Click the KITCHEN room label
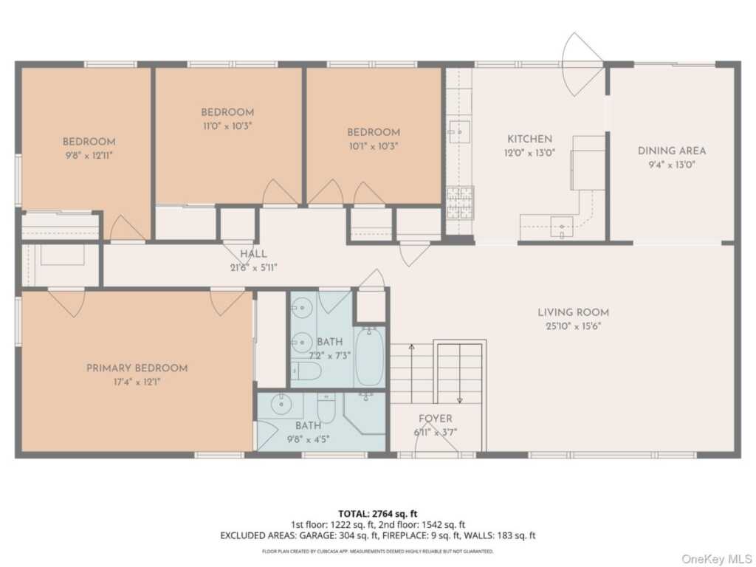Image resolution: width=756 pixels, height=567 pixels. tap(529, 139)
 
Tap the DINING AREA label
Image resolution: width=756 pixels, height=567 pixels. tap(672, 151)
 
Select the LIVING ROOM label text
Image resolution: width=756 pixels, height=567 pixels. tap(573, 312)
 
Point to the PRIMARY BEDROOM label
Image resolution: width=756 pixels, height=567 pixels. tap(137, 368)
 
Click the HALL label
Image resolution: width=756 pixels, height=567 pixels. tap(254, 254)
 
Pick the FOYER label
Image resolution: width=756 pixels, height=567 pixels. tap(436, 419)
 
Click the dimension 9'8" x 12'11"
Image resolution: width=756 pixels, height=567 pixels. tap(89, 155)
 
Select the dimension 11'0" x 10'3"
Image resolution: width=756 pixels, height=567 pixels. tap(227, 126)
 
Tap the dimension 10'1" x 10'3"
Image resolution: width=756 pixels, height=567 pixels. tap(374, 145)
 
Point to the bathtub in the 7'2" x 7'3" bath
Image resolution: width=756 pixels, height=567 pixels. tap(370, 357)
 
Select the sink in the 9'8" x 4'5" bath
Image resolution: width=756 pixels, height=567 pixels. tap(280, 405)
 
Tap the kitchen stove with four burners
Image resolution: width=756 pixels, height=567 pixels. tap(459, 203)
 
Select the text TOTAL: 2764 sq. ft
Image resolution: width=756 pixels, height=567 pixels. tap(377, 514)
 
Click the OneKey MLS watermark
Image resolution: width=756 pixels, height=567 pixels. tap(716, 558)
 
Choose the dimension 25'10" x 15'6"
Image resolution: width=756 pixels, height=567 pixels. tap(573, 326)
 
